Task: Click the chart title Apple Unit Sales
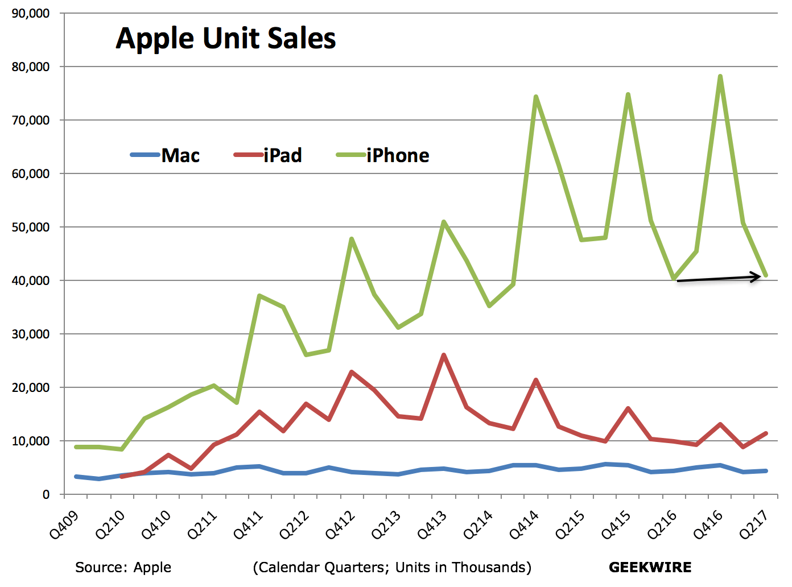point(225,39)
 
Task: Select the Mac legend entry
point(165,155)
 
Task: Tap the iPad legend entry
point(268,155)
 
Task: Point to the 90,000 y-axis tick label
point(31,13)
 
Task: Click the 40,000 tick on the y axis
point(31,280)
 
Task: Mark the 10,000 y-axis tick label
point(31,441)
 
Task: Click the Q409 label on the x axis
point(64,524)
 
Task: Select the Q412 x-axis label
point(340,524)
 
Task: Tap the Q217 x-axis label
point(754,524)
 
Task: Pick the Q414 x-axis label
point(524,524)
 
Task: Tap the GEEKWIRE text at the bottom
point(650,567)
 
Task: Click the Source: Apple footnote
point(123,567)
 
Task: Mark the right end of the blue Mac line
point(766,471)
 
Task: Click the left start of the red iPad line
point(122,476)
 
